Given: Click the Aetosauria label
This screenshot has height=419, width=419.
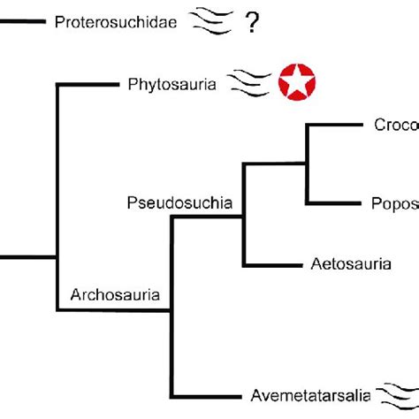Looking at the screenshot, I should click(x=347, y=263).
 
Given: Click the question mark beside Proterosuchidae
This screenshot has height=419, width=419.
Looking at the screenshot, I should click(x=254, y=21).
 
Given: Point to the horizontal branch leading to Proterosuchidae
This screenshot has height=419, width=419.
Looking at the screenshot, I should click(x=21, y=21).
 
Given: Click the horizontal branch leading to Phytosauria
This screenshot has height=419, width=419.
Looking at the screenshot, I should click(x=88, y=85).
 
